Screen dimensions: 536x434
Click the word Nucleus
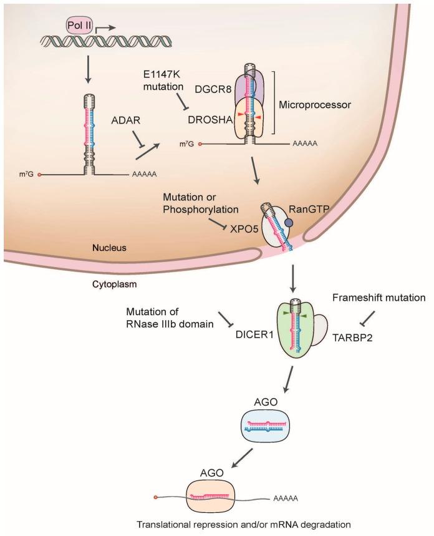[x=130, y=247]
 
